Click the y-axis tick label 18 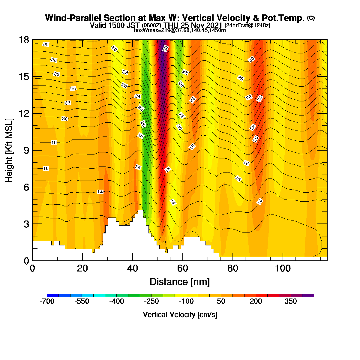click(x=24, y=40)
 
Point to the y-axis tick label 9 click(x=26, y=150)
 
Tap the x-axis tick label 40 click(x=133, y=268)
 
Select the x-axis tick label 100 click(x=283, y=268)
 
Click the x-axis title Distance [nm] click(x=180, y=282)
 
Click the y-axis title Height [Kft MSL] click(x=9, y=150)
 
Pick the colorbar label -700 click(x=47, y=301)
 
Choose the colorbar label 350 click(x=290, y=301)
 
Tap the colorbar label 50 click(x=221, y=301)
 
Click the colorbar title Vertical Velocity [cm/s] click(x=180, y=315)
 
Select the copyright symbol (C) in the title click(x=311, y=18)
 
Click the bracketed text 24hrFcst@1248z click(x=247, y=25)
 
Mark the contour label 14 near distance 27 click(x=100, y=192)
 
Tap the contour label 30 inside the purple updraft click(x=166, y=49)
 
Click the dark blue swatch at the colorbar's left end click(x=53, y=295)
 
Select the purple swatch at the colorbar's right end click(x=308, y=295)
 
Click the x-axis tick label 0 click(x=32, y=268)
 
